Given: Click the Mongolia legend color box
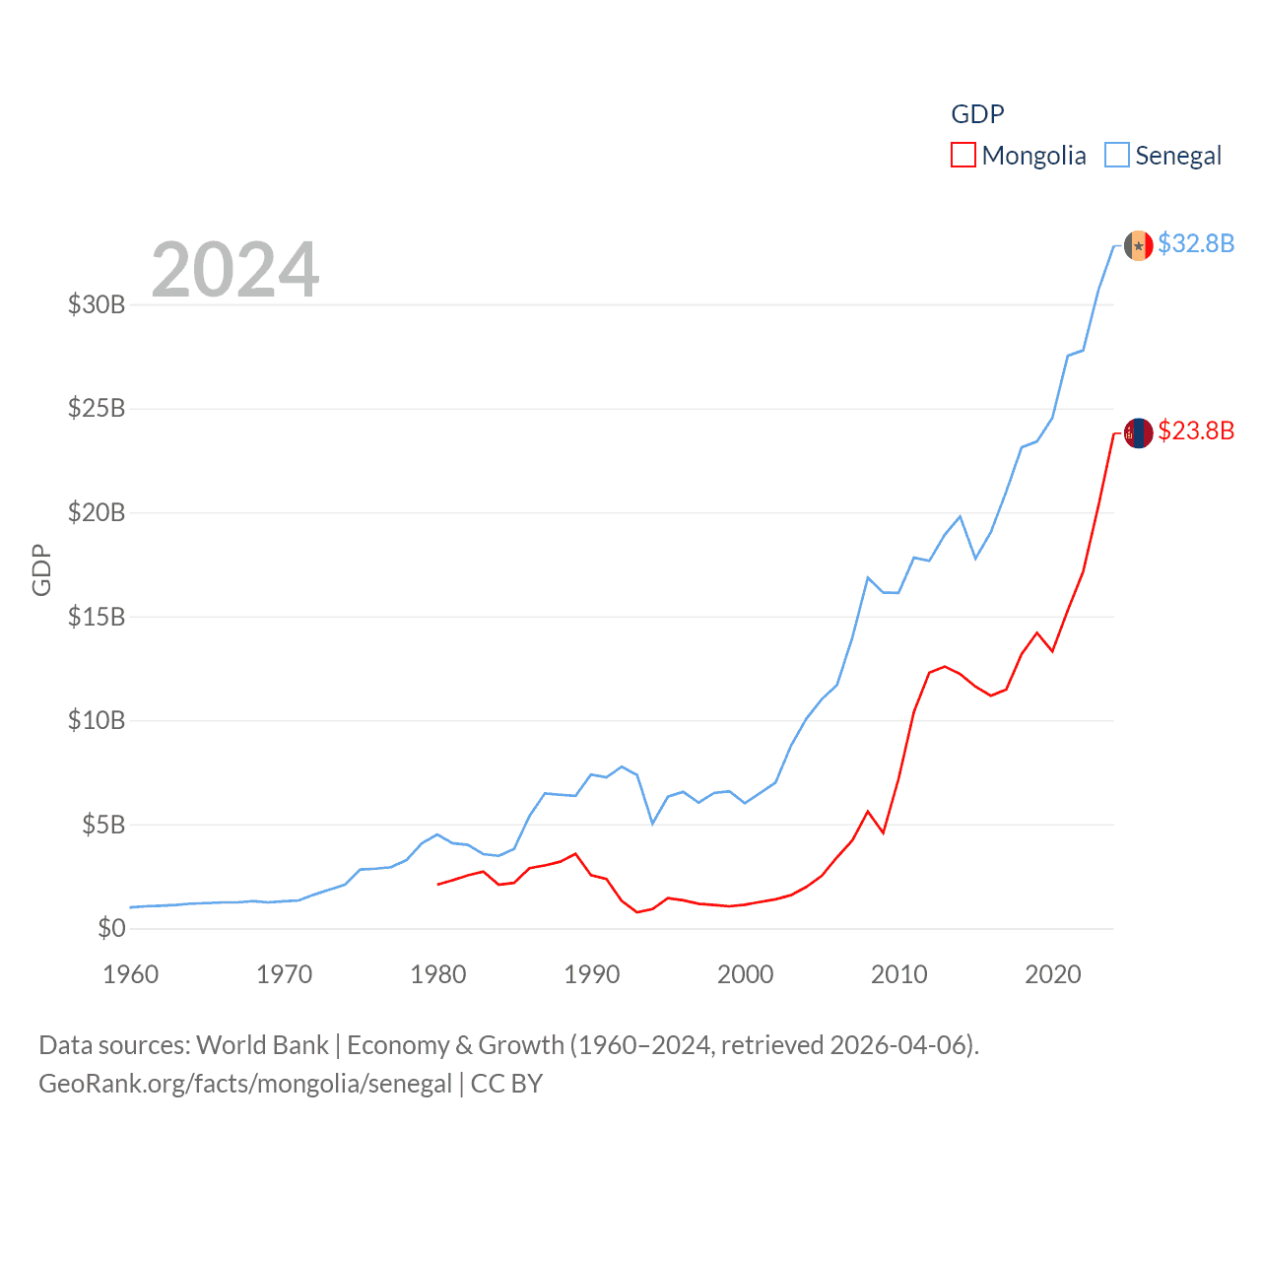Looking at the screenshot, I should click(x=962, y=156).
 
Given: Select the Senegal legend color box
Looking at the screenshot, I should click(x=1116, y=156).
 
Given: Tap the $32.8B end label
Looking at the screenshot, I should click(x=1196, y=243).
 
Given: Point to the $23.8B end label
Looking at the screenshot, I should click(x=1196, y=431).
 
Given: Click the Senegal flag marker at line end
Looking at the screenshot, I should click(x=1139, y=245).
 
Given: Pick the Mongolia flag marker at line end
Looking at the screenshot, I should click(x=1139, y=432).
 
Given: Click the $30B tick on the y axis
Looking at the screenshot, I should click(x=97, y=304).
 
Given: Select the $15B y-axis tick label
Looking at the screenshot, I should click(x=97, y=617).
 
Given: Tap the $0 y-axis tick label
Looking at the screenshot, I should click(x=111, y=928).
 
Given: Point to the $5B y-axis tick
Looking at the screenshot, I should click(x=103, y=825).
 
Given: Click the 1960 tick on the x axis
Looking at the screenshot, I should click(x=131, y=974).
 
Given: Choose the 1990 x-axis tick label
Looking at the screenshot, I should click(x=592, y=974).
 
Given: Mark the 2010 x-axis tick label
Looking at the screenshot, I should click(x=899, y=974).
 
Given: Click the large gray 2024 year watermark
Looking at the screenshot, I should click(x=235, y=269).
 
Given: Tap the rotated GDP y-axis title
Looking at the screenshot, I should click(x=41, y=569).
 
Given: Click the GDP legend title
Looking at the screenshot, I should click(x=977, y=114).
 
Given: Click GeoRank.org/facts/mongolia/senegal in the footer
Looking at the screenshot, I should click(x=245, y=1084).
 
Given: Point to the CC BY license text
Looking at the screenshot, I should click(x=506, y=1084).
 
